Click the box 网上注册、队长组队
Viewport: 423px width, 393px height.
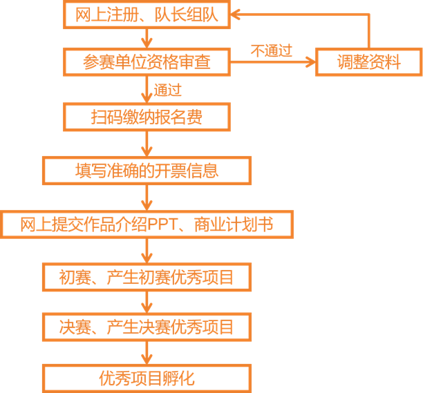point(147,13)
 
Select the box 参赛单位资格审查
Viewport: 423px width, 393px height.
point(147,63)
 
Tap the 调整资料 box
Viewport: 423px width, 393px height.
point(368,63)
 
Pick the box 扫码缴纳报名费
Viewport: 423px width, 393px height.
point(147,117)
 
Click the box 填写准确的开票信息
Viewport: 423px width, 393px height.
point(147,170)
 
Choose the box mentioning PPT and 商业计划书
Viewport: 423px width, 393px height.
point(147,224)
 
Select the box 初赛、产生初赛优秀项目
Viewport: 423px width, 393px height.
point(147,277)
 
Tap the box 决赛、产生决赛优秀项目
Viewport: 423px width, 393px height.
point(147,326)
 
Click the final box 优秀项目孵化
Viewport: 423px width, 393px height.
point(147,378)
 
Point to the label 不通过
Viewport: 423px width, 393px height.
point(271,50)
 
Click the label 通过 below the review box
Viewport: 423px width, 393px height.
point(168,90)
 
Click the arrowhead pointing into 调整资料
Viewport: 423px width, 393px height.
point(309,63)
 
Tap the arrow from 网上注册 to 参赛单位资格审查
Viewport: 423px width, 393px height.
point(147,38)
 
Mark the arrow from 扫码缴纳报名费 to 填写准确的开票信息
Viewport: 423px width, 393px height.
point(147,144)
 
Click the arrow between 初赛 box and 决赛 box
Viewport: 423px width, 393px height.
point(147,302)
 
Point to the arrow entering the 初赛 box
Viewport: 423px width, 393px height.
point(147,251)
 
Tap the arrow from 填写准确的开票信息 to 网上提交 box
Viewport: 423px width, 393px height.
point(147,198)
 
